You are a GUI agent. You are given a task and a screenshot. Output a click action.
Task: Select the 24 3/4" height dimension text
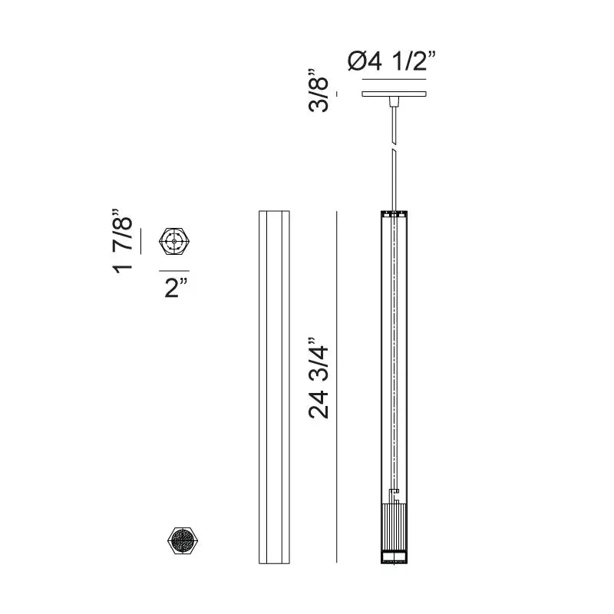pos(318,378)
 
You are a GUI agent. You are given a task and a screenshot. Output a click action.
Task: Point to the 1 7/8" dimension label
pos(122,241)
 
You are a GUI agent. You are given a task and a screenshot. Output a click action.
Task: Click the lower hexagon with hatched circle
pos(183,541)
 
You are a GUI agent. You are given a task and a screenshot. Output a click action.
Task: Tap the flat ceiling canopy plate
pos(394,94)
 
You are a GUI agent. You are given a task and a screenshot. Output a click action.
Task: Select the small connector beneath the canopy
pos(394,101)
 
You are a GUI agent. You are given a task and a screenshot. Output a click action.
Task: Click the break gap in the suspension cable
pos(394,147)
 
